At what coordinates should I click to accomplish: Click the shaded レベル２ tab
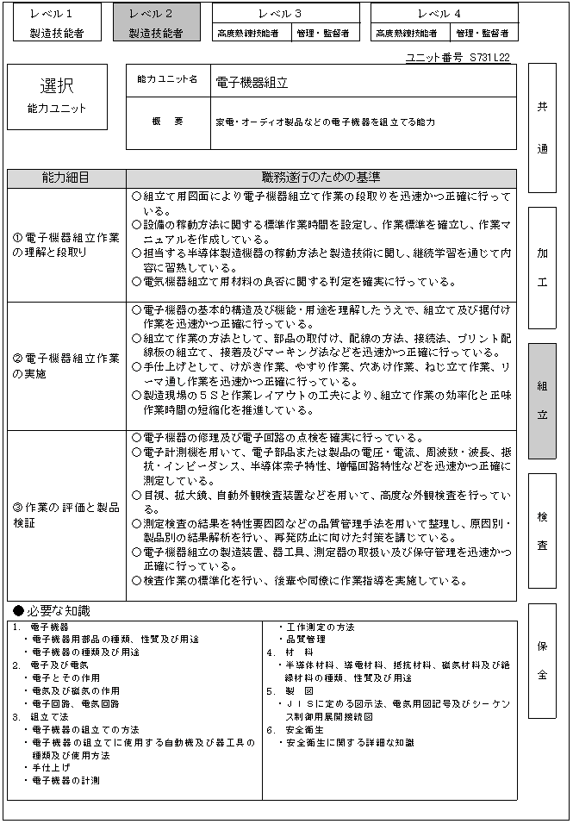(156, 23)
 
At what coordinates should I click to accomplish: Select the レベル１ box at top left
(52, 23)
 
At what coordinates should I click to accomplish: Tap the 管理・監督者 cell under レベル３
(322, 34)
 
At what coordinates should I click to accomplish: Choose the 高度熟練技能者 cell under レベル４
(404, 34)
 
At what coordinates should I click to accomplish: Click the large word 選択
(57, 86)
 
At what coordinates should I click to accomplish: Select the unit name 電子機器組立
(252, 83)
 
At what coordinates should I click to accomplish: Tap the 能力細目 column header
(65, 178)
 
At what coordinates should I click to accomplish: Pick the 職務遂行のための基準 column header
(321, 178)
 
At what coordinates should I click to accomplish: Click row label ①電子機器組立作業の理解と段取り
(65, 245)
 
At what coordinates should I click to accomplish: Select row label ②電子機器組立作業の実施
(65, 365)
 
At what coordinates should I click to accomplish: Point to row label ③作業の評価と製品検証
(65, 514)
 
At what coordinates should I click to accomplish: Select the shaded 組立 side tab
(542, 400)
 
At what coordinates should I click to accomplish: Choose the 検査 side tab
(542, 531)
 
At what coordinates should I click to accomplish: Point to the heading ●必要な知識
(52, 611)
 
